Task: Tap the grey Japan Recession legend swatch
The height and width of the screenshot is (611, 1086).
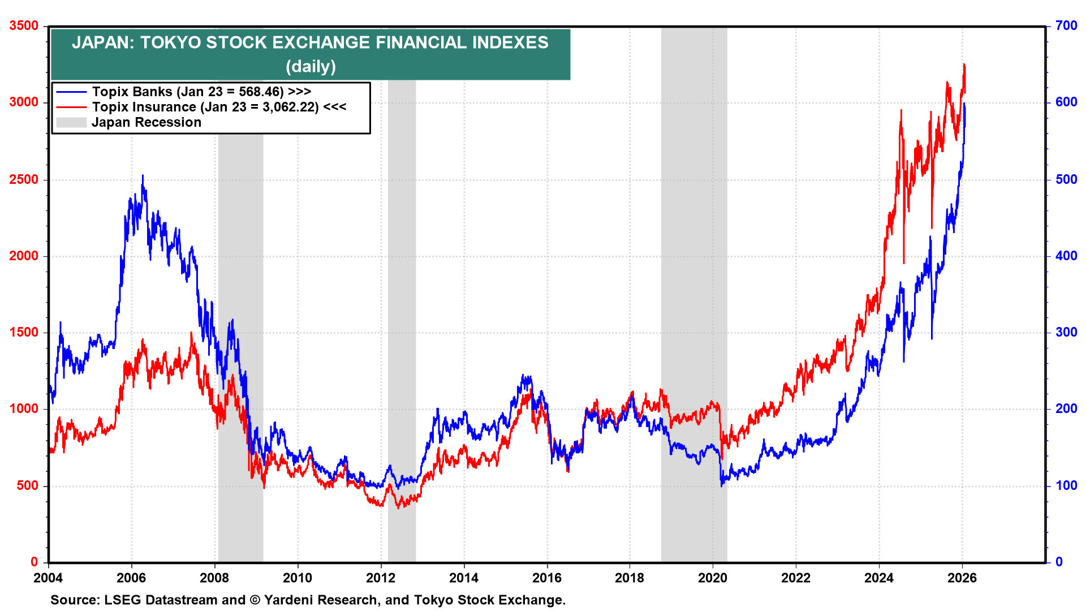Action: click(71, 122)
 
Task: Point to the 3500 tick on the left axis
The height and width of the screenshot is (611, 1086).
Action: click(24, 26)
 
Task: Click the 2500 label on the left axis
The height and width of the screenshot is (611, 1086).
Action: click(24, 180)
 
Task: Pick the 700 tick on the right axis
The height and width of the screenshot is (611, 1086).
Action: click(1066, 26)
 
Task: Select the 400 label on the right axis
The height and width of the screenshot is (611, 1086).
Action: click(1066, 256)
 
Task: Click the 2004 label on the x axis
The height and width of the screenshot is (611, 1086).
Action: click(48, 578)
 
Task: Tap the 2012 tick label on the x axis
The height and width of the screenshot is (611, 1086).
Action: click(381, 578)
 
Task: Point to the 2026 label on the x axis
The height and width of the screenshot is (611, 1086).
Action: click(962, 578)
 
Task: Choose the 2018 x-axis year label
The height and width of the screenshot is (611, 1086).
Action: click(630, 578)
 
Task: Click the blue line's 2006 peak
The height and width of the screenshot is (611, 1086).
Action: click(143, 176)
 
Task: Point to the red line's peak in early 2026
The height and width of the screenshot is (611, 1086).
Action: click(964, 65)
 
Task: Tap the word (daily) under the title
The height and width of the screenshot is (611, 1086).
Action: click(311, 67)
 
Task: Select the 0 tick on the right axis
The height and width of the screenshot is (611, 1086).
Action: click(1059, 562)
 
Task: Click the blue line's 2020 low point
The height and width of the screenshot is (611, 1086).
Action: click(722, 485)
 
